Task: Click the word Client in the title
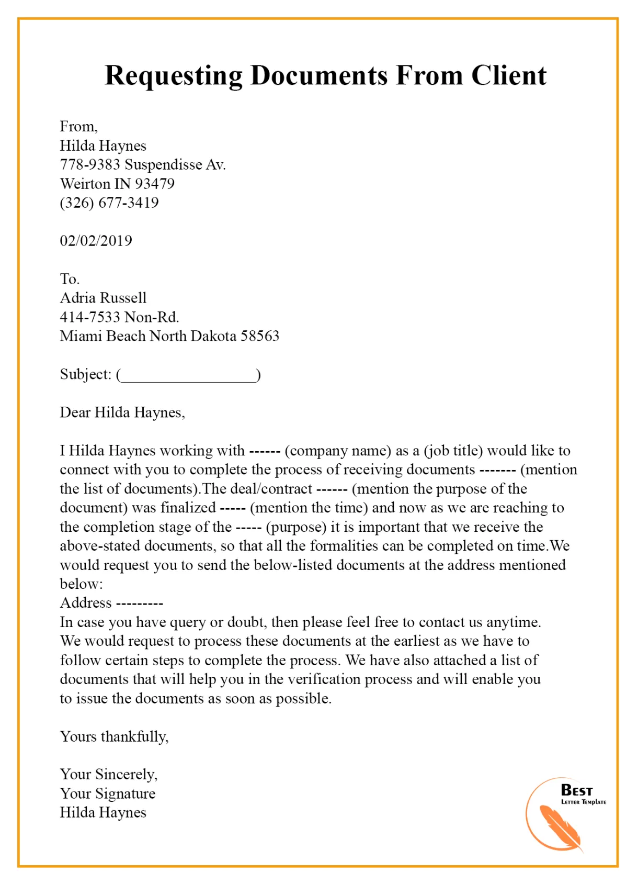click(508, 75)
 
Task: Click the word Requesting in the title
click(173, 76)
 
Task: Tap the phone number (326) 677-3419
click(109, 203)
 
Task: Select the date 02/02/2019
click(96, 241)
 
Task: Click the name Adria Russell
click(103, 298)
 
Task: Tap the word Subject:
click(85, 374)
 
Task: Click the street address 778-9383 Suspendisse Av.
click(143, 165)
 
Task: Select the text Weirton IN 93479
click(117, 184)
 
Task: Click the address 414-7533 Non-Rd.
click(119, 317)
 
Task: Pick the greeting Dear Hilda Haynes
click(122, 412)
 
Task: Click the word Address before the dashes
click(86, 603)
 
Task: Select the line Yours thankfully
click(114, 736)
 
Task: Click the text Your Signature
click(107, 793)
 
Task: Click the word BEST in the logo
click(576, 790)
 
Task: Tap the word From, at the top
click(78, 127)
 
